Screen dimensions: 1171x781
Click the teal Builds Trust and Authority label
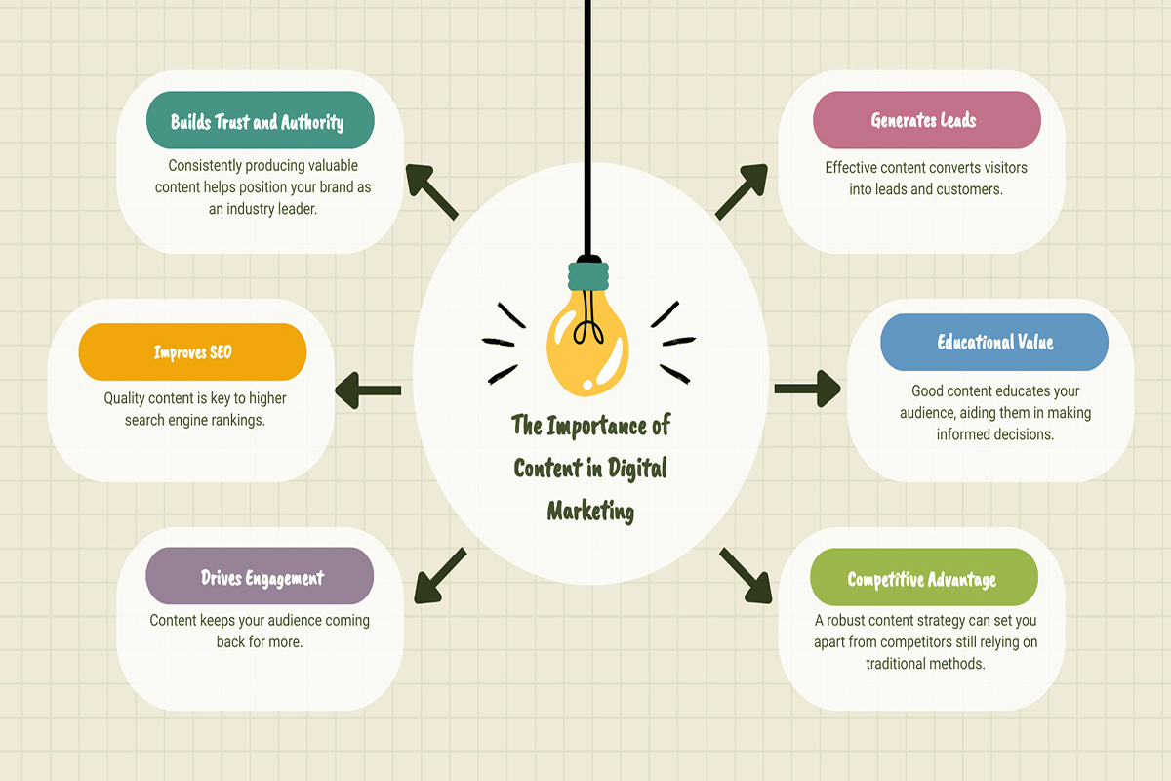pos(261,120)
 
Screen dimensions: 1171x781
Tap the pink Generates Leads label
pos(927,120)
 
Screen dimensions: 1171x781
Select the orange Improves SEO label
pos(192,351)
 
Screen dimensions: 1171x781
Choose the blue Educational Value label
pos(994,342)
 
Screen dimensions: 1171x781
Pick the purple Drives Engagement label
pos(260,576)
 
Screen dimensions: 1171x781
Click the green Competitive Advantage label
pos(924,577)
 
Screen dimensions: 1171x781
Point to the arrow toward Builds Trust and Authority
pos(431,191)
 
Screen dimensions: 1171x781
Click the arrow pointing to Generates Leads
pos(742,191)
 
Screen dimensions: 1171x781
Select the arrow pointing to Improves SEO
pos(368,390)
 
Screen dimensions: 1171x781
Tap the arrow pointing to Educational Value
pos(808,389)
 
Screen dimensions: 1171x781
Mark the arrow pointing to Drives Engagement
pos(440,576)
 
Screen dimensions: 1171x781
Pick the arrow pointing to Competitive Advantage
pos(746,576)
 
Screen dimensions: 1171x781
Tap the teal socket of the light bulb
pos(588,275)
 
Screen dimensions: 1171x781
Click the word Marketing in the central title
pos(590,511)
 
